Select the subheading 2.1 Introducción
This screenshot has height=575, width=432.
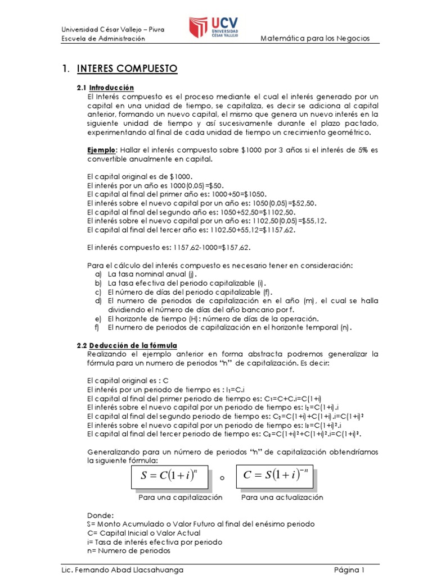click(106, 88)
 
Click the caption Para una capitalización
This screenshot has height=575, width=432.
click(181, 498)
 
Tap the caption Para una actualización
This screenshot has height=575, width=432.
click(282, 498)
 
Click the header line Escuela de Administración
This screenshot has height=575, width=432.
click(103, 38)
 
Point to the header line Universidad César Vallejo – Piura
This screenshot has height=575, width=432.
click(112, 30)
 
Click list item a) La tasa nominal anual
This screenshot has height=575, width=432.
click(144, 274)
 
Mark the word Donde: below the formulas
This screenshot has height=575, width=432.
click(101, 514)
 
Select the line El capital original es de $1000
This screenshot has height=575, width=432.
click(140, 176)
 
